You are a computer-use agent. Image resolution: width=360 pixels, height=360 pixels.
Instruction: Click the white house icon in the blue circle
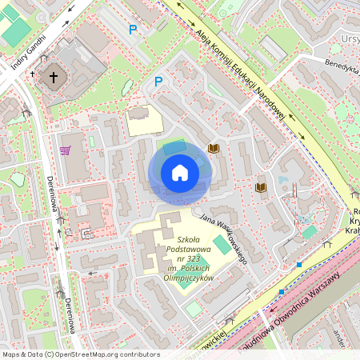pyautogui.click(x=179, y=173)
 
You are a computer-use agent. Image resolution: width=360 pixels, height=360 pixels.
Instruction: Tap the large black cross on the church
pyautogui.click(x=54, y=78)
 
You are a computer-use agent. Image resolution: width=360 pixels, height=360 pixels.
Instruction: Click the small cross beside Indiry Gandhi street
pyautogui.click(x=33, y=74)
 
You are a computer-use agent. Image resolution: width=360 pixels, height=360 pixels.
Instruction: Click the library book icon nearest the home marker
pyautogui.click(x=213, y=148)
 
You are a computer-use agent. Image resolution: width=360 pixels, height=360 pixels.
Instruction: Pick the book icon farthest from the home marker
pyautogui.click(x=260, y=187)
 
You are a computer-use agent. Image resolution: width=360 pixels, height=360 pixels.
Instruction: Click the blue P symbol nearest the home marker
pyautogui.click(x=158, y=81)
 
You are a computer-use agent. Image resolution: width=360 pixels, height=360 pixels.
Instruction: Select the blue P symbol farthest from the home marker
pyautogui.click(x=133, y=30)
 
